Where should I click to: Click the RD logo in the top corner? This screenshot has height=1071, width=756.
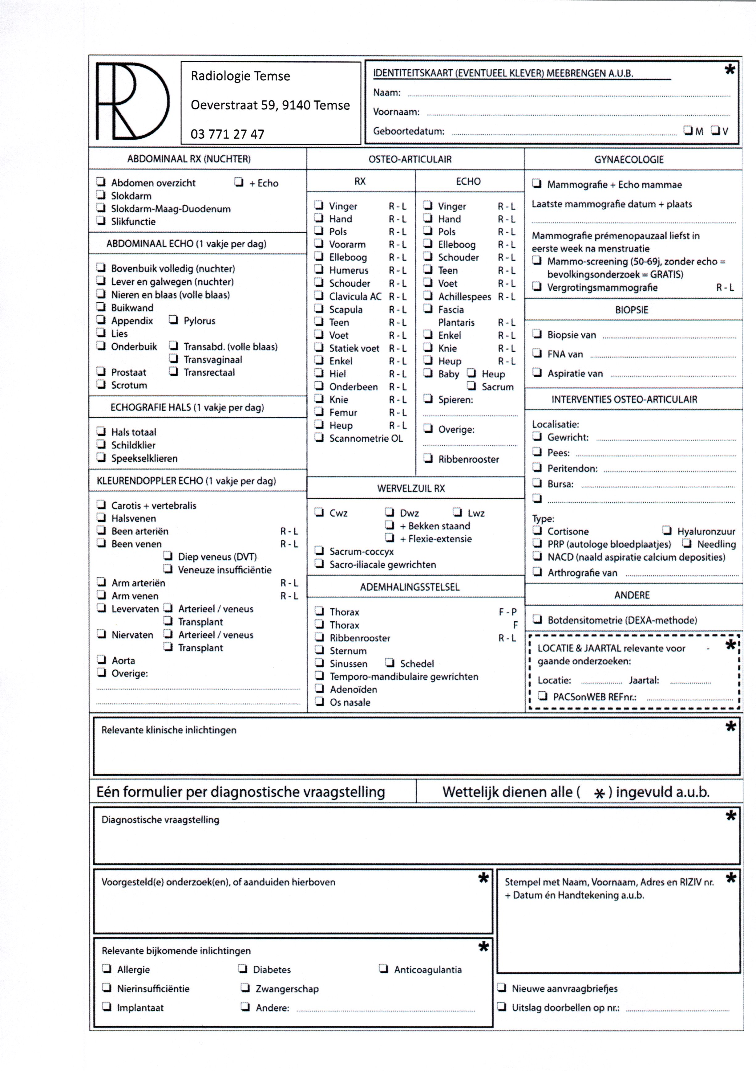[132, 101]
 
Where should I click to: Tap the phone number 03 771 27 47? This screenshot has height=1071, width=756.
[228, 134]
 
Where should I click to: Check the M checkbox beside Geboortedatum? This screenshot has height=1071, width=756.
[688, 130]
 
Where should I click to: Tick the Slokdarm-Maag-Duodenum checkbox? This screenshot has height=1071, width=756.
[101, 208]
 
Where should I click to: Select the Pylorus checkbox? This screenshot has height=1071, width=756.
[173, 320]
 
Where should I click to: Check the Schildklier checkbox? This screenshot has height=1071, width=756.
[101, 444]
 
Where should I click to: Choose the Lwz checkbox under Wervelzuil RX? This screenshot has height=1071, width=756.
[458, 512]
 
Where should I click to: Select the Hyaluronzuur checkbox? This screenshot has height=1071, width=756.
[667, 530]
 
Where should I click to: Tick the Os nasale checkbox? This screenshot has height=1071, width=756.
[320, 701]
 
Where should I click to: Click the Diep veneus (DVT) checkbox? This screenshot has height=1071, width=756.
[168, 556]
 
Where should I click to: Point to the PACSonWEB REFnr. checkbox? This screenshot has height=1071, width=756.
[543, 696]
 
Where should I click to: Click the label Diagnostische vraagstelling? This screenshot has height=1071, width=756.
[160, 820]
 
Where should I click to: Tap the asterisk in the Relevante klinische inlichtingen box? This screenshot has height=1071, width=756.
[730, 726]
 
